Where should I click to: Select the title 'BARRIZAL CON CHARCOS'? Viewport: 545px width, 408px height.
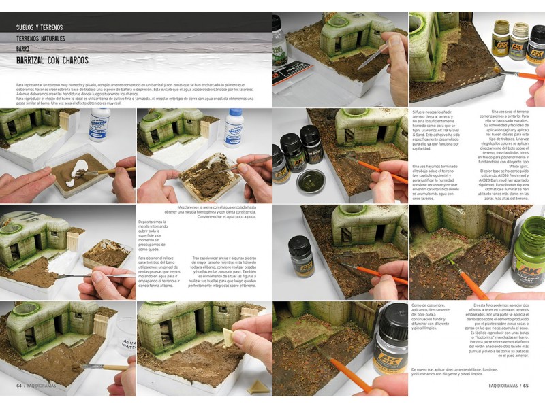coord(52,61)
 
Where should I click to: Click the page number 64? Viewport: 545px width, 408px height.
coord(20,384)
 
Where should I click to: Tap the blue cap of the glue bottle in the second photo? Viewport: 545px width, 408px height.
coord(234,112)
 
